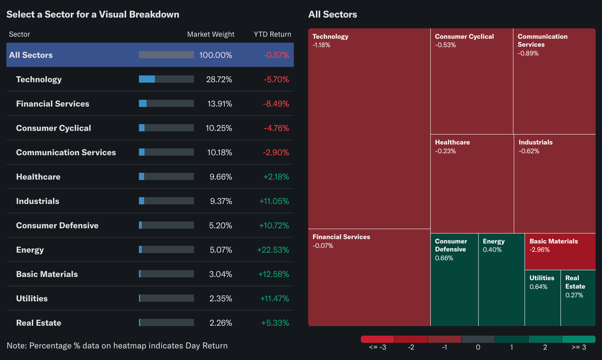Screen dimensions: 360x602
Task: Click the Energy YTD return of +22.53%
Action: coord(273,250)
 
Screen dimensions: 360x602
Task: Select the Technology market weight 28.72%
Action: coord(219,79)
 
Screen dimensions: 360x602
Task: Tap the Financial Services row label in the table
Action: coord(53,104)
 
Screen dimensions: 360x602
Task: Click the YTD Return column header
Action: coord(272,34)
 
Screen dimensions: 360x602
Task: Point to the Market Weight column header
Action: coord(211,34)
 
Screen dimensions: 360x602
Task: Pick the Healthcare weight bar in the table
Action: coord(166,176)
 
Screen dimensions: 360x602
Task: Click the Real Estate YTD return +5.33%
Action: coord(275,323)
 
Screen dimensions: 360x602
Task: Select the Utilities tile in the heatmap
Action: coord(542,298)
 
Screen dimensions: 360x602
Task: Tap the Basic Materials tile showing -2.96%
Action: coord(560,251)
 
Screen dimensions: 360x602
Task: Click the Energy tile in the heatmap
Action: coord(501,279)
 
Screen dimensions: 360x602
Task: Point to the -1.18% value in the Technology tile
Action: coord(321,45)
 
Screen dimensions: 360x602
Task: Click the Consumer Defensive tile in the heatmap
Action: coord(454,279)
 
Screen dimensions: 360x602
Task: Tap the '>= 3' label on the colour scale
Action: coord(578,347)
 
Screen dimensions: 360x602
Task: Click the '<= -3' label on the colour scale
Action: coord(377,347)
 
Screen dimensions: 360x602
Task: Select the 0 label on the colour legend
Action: coord(478,347)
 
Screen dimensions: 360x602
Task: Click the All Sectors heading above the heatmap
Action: coord(333,14)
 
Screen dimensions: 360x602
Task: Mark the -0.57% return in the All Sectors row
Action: coord(276,55)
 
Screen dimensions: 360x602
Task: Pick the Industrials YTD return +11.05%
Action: coord(274,201)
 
